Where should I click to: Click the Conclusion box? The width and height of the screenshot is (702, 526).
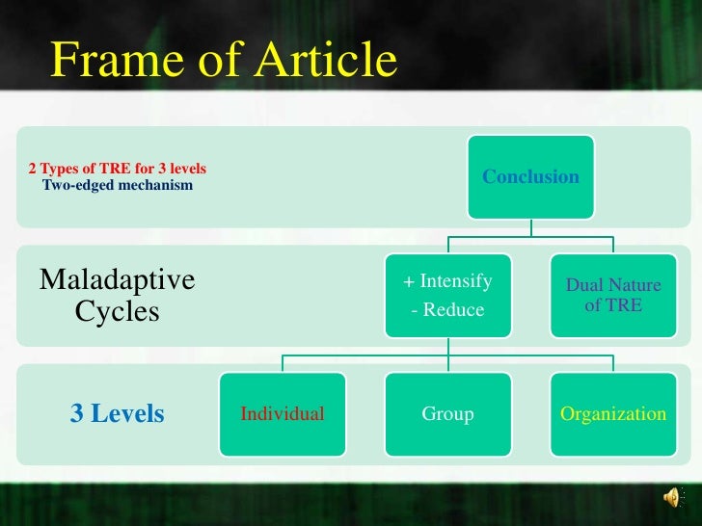coord(530,177)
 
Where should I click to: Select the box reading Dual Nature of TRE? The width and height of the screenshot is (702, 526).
coord(612,296)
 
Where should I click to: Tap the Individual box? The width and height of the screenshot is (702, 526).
coord(282,414)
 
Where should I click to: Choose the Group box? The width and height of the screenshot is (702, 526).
coord(447,414)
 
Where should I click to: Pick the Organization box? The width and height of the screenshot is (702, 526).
coord(612,414)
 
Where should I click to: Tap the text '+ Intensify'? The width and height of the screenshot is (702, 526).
coord(447,281)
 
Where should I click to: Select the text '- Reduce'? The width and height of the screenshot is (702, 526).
coord(447,310)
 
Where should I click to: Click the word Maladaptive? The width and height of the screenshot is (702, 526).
coord(117,280)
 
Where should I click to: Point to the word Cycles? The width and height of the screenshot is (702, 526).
coord(117,312)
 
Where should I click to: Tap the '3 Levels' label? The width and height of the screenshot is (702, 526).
coord(117,414)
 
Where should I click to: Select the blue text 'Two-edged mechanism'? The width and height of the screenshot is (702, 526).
coord(117,185)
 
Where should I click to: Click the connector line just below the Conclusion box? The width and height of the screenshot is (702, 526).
coord(530,227)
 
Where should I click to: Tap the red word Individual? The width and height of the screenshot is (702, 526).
coord(282,414)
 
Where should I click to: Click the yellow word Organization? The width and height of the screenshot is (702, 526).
coord(612,414)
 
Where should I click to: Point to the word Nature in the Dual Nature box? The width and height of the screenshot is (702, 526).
coord(635,285)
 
